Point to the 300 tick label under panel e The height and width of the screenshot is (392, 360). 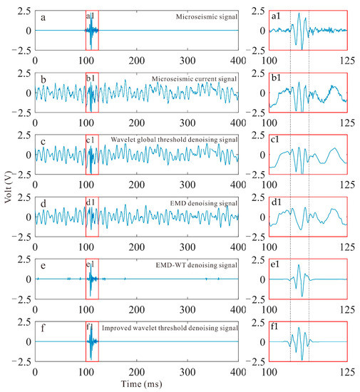[x=187, y=309]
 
